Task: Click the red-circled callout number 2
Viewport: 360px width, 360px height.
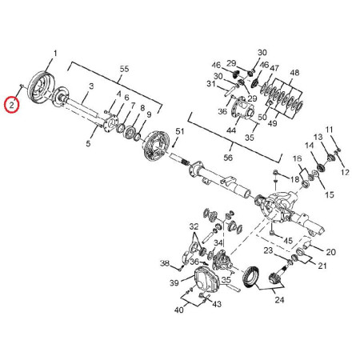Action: point(11,104)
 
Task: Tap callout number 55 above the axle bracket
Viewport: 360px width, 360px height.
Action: point(124,69)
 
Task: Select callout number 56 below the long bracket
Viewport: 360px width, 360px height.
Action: point(228,158)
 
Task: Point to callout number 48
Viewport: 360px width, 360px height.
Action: point(294,73)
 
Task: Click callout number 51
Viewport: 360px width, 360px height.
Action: point(180,131)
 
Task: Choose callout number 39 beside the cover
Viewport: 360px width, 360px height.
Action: point(174,282)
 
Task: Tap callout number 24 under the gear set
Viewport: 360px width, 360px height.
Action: point(279,300)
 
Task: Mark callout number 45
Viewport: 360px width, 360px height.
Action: point(288,241)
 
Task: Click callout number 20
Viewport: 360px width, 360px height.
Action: point(330,252)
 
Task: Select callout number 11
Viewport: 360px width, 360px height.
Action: point(330,130)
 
